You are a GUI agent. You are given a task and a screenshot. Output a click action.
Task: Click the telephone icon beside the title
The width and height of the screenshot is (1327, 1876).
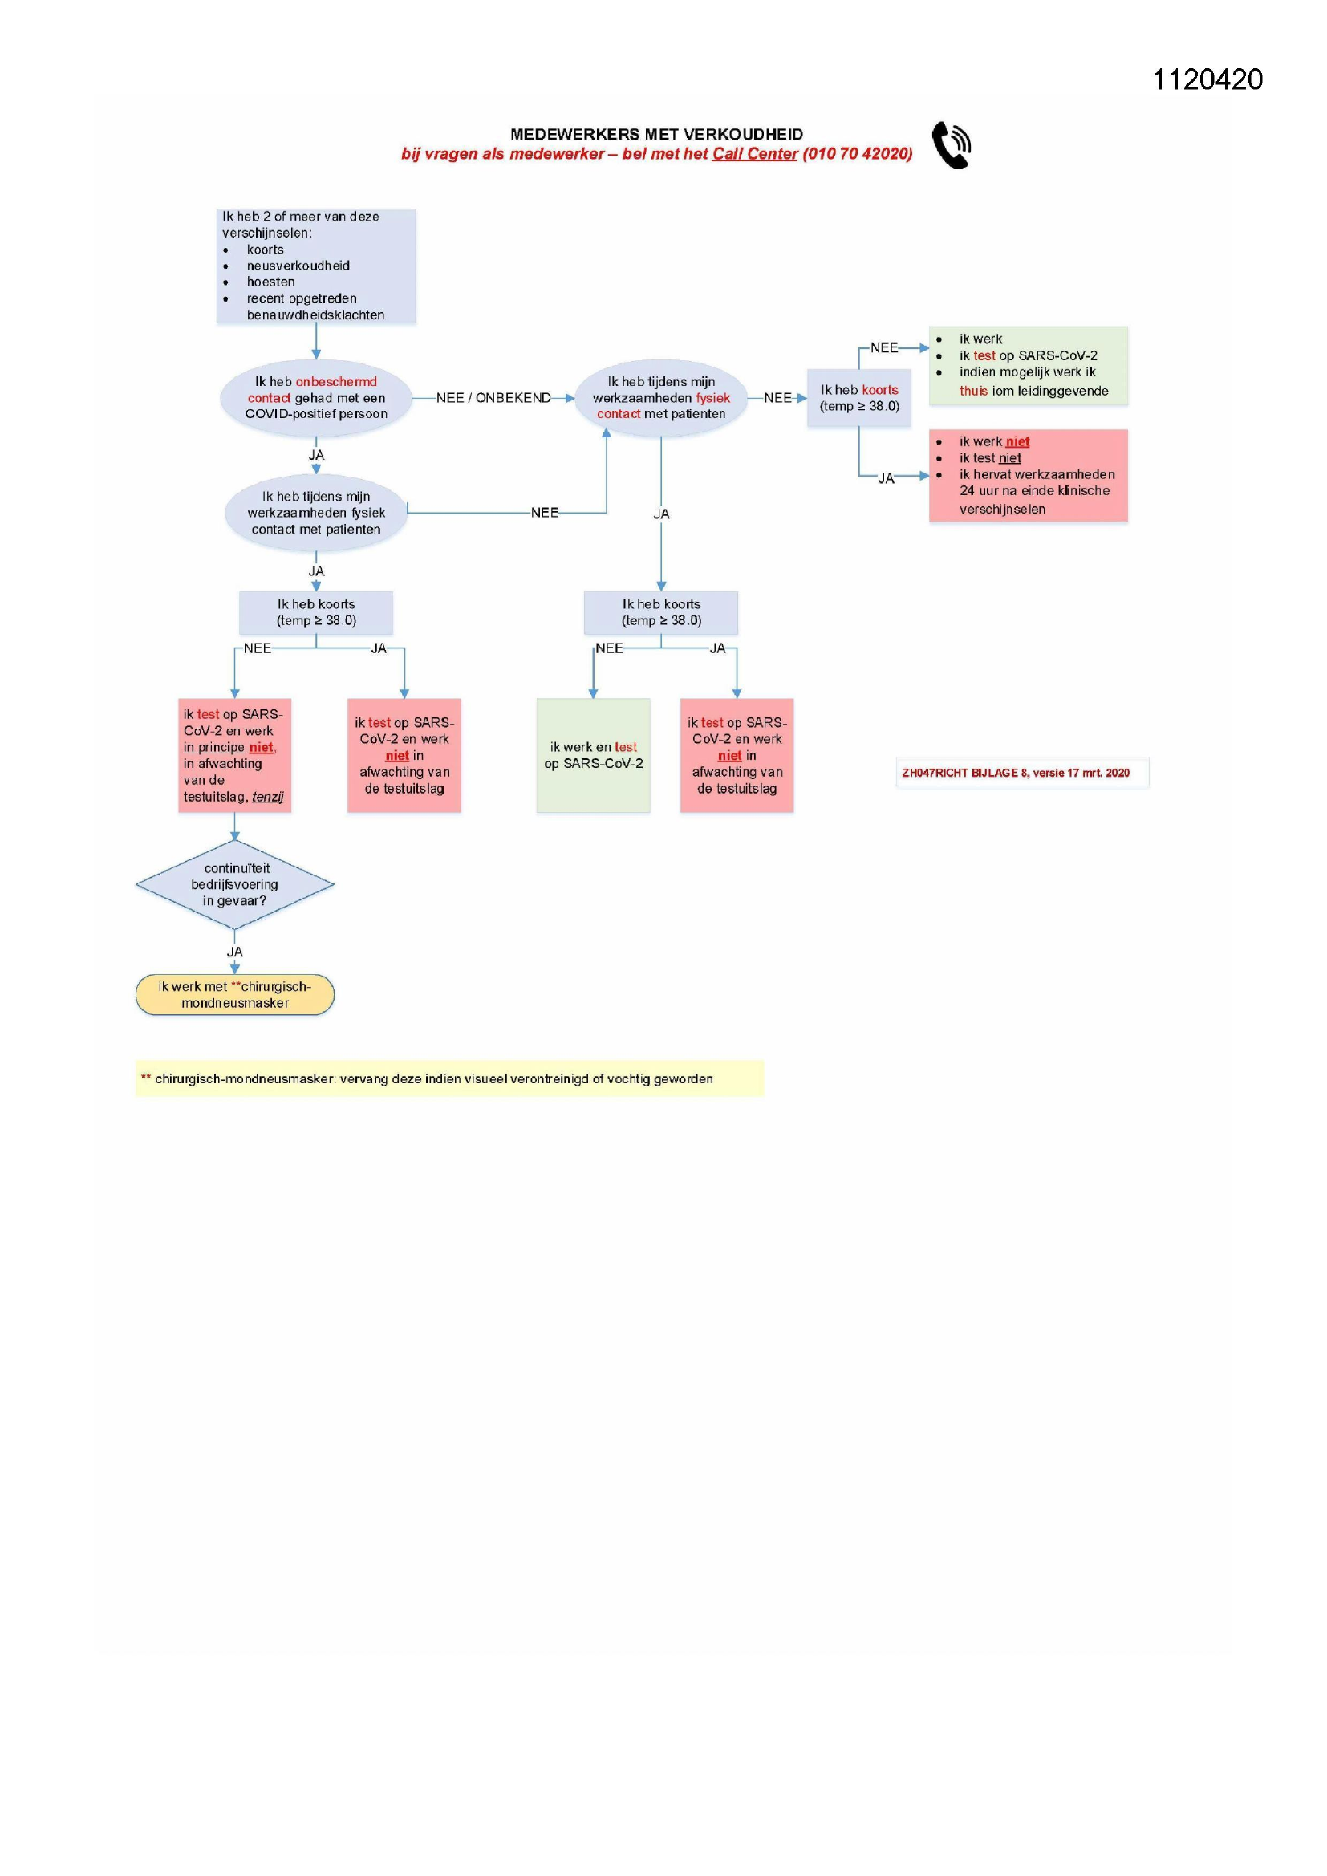[x=952, y=144]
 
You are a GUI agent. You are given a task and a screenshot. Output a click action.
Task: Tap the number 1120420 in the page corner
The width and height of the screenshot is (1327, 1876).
[x=1207, y=79]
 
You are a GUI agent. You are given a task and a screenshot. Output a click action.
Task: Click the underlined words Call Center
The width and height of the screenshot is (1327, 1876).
[x=754, y=153]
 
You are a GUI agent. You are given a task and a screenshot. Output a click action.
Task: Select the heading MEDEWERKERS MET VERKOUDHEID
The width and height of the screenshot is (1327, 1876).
[x=656, y=134]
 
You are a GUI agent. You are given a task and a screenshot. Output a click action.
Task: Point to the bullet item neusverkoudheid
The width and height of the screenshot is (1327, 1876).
[x=298, y=266]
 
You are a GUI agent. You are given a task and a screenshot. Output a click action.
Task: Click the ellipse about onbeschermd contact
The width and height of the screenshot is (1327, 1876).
[x=316, y=398]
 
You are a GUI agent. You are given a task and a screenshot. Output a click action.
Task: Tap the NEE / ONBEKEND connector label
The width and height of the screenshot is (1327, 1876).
[x=493, y=398]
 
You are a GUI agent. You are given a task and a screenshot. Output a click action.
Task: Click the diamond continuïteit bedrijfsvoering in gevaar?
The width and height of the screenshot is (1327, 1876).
[x=234, y=884]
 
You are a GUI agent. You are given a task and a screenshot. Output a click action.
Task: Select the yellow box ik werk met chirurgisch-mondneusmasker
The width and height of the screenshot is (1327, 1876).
[x=234, y=994]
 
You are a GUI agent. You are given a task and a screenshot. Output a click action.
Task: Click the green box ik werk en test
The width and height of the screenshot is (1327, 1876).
[x=593, y=755]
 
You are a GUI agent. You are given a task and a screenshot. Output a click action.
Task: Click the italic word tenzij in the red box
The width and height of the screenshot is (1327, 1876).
[x=267, y=797]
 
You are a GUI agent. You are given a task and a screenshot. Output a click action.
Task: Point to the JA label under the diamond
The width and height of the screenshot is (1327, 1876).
[x=234, y=952]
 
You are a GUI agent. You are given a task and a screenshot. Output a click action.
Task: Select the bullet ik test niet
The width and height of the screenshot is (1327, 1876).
[x=989, y=458]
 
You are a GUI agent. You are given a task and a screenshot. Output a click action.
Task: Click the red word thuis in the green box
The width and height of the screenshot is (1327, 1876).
[x=973, y=392]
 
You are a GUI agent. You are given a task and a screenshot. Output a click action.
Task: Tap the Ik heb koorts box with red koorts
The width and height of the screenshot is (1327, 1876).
[x=858, y=398]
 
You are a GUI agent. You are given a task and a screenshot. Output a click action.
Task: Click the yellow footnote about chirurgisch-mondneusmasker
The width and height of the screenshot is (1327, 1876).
[x=448, y=1078]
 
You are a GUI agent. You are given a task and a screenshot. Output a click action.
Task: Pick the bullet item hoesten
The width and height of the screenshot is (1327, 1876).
[x=270, y=282]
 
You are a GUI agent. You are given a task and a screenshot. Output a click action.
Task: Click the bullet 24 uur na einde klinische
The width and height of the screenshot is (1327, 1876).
[x=1034, y=491]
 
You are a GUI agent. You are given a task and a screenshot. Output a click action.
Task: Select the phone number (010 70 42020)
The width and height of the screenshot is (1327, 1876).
[x=856, y=153]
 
